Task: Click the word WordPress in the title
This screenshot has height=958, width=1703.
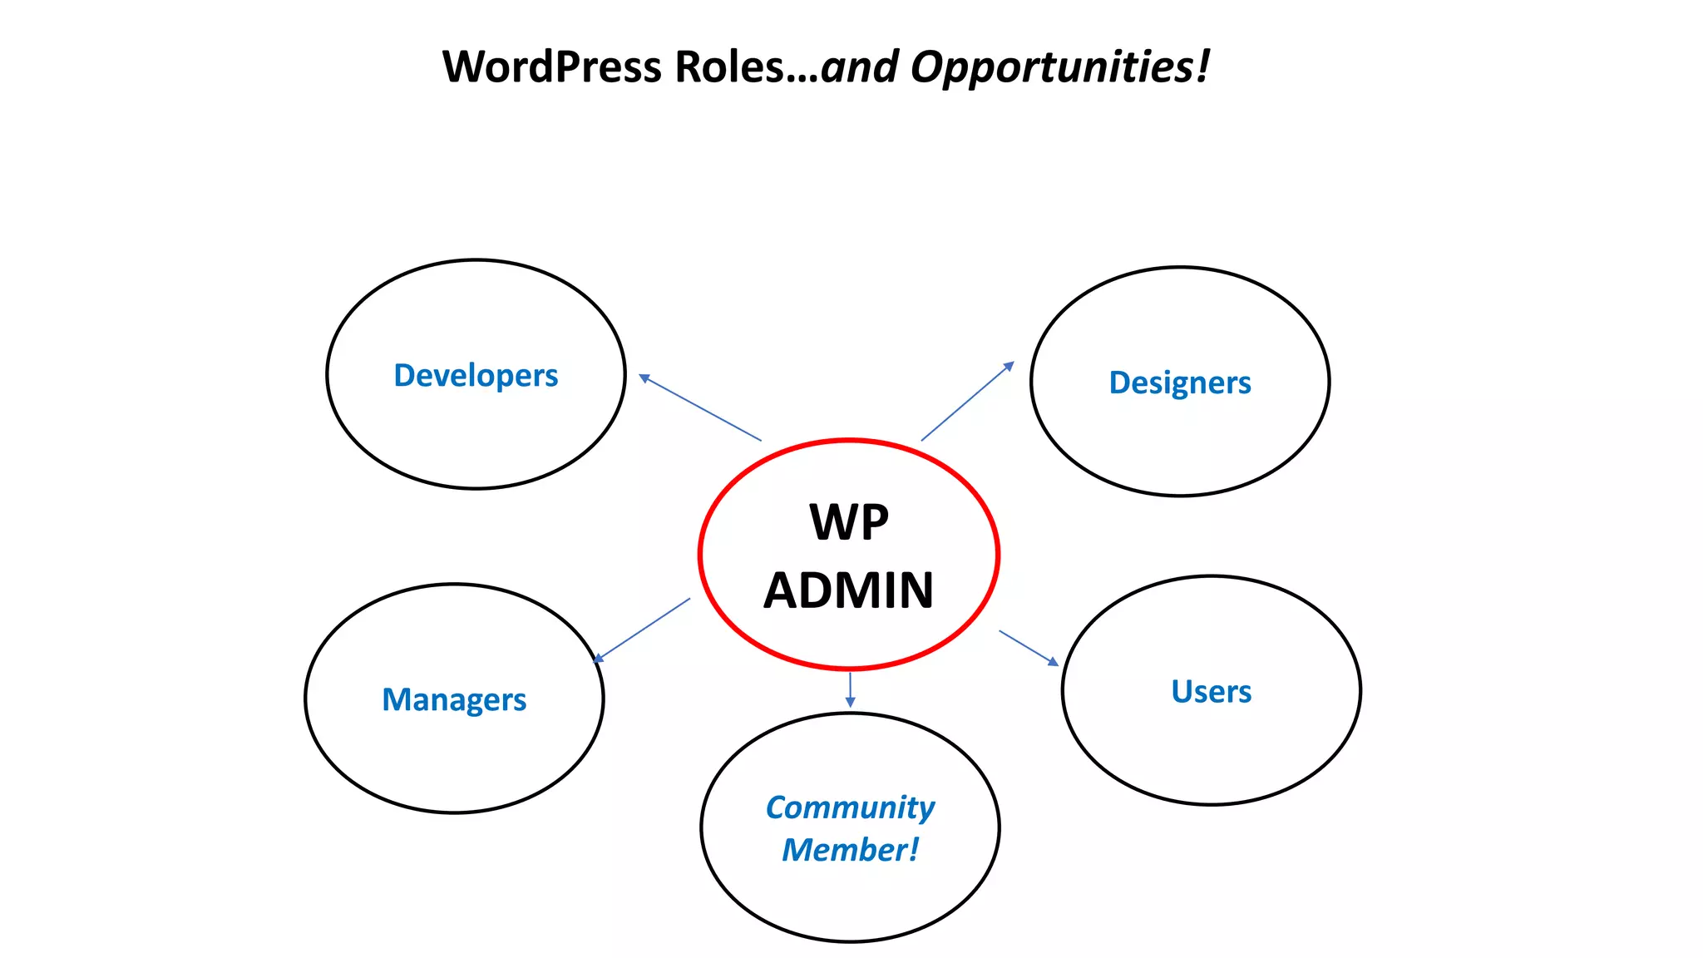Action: tap(553, 67)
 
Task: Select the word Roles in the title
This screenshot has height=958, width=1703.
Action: tap(728, 67)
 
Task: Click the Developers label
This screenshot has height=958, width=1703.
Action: tap(476, 376)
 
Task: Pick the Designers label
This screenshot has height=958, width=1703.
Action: tap(1180, 383)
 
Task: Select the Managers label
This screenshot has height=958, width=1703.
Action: tap(454, 700)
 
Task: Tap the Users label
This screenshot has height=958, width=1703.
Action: tap(1211, 692)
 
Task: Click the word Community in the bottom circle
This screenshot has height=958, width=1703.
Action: tap(850, 807)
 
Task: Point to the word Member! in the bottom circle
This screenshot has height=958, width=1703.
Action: tap(850, 850)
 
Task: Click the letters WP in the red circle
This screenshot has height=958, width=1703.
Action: tap(849, 522)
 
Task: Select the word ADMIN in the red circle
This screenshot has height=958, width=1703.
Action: tap(849, 590)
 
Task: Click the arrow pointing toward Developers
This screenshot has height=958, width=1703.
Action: tap(700, 407)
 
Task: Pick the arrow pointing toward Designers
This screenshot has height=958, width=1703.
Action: tap(967, 402)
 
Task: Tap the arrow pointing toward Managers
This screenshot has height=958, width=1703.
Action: tap(641, 630)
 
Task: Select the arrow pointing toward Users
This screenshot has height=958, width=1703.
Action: tap(1029, 648)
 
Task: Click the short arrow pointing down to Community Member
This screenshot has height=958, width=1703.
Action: tap(850, 689)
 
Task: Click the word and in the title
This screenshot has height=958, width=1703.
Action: tap(859, 67)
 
